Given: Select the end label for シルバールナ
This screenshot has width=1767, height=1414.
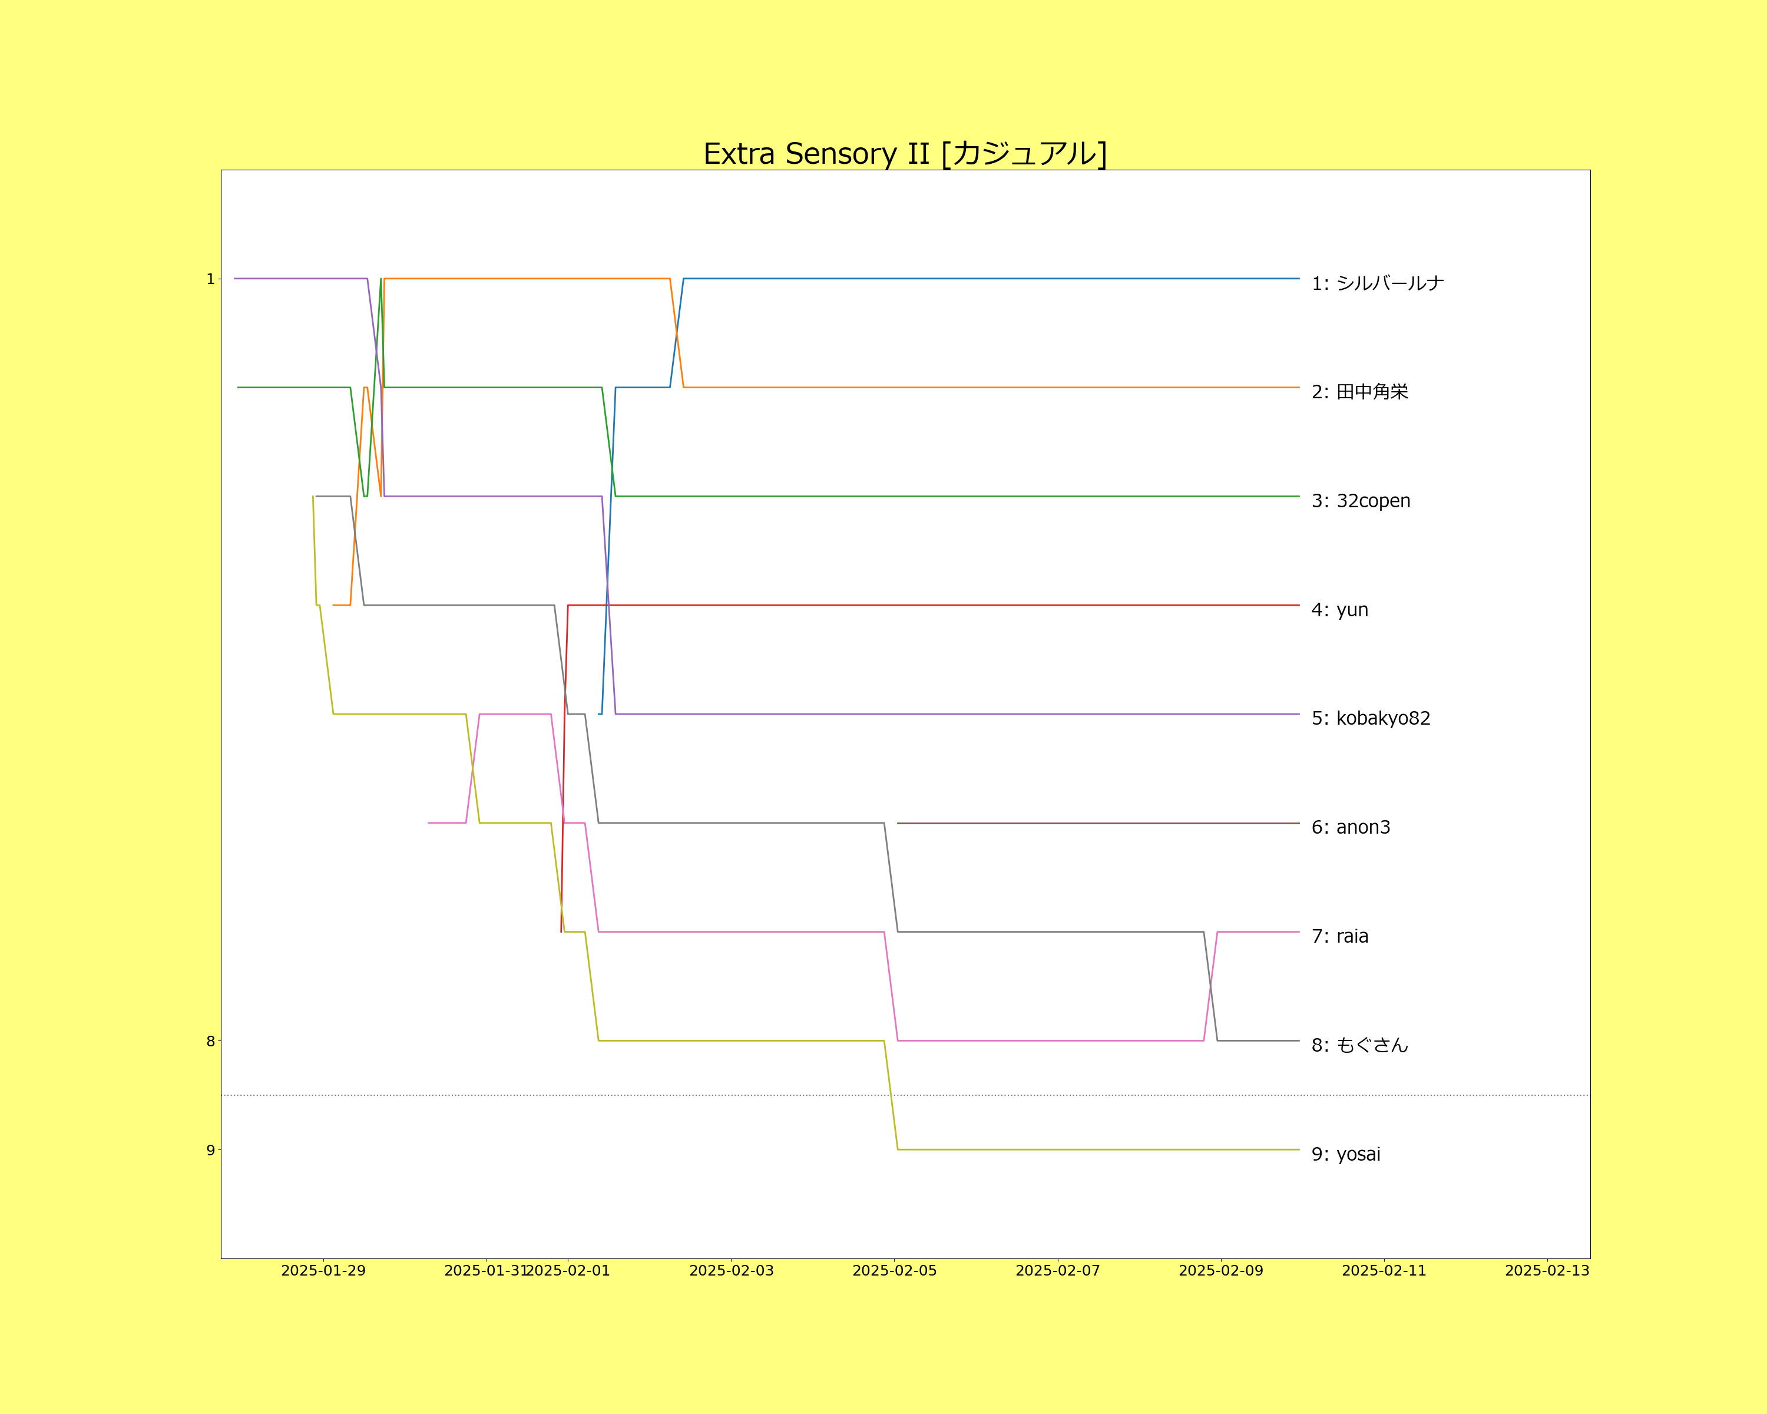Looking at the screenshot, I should point(1377,283).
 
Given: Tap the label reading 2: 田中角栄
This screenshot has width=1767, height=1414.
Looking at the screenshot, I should point(1359,392).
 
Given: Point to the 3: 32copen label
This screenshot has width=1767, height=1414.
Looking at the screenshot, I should point(1361,501).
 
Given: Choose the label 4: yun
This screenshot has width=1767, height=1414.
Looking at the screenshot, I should point(1339,610).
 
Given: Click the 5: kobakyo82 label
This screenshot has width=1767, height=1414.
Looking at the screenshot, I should point(1371,718).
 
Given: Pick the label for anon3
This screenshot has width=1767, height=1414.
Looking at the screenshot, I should point(1351,827).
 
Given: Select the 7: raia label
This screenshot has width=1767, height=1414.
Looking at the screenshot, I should point(1339,936).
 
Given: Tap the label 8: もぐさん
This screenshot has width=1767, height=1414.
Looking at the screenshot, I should point(1359,1045).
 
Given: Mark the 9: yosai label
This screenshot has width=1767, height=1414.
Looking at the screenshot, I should point(1346,1154).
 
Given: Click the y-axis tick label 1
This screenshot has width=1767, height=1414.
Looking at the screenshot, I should point(210,279).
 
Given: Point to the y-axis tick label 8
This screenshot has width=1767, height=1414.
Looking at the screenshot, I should point(210,1041).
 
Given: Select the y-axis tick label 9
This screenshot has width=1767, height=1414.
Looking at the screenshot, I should point(210,1150).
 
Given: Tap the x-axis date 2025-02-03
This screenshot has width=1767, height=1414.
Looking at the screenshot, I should point(731,1271).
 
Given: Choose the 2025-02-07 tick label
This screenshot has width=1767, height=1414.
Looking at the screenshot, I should point(1057,1271).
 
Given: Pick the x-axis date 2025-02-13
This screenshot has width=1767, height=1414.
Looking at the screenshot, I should point(1547,1271).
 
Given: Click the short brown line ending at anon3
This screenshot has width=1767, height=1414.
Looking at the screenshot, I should point(1098,823).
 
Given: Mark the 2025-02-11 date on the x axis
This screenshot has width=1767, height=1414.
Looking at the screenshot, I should point(1384,1271).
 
